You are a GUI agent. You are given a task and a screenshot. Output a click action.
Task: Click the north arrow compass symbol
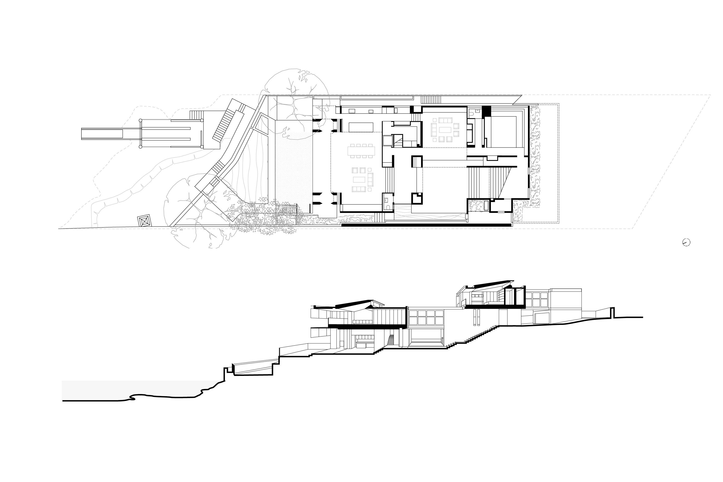(x=686, y=242)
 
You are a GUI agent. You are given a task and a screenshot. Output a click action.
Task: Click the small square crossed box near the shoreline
(x=144, y=221)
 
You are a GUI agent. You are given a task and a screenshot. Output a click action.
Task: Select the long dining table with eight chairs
(x=361, y=151)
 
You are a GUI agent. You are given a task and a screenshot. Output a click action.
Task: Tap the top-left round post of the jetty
(x=141, y=120)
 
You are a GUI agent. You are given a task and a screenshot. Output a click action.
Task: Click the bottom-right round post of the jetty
(x=202, y=147)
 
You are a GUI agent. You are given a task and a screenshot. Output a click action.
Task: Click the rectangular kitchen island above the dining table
(x=361, y=127)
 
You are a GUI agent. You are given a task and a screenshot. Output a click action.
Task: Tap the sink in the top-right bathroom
(x=477, y=111)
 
